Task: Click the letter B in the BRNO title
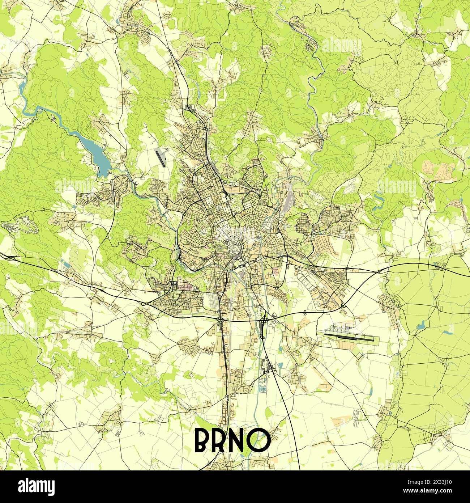pyautogui.click(x=202, y=440)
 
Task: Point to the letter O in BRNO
pyautogui.click(x=261, y=440)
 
